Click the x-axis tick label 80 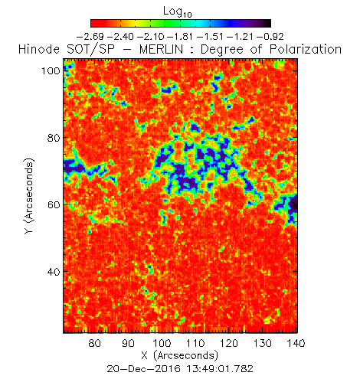click(95, 343)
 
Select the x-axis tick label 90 click(128, 343)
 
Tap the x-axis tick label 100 click(162, 343)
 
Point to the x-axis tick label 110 click(195, 343)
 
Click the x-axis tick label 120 click(229, 343)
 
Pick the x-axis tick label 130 click(263, 343)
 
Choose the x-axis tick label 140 click(296, 343)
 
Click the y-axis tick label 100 click(51, 70)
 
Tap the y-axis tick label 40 click(54, 272)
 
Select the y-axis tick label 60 click(54, 204)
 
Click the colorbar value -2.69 click(90, 37)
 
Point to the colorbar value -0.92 click(270, 37)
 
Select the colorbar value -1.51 click(211, 37)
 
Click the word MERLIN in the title click(161, 50)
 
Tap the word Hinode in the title click(39, 50)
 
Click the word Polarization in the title click(306, 50)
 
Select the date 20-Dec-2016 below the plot click(143, 369)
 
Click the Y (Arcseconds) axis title click(29, 196)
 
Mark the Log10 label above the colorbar click(178, 12)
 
